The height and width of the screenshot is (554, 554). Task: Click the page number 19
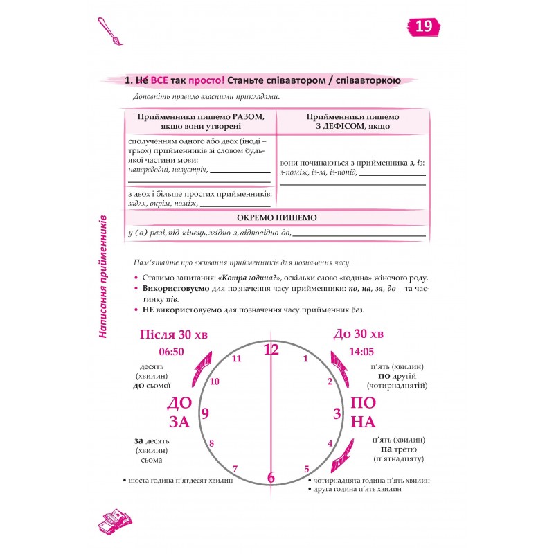(424, 28)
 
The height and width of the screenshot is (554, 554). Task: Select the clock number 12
(271, 350)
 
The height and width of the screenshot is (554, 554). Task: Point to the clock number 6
(271, 478)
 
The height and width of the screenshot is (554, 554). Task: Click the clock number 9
(205, 413)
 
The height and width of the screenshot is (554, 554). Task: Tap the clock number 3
(337, 414)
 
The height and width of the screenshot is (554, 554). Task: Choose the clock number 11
(237, 359)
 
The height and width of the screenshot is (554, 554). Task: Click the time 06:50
(171, 352)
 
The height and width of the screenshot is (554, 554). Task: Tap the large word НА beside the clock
(364, 422)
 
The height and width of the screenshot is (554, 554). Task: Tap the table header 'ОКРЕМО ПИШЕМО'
(276, 217)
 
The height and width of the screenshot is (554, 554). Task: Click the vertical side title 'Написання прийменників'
(102, 275)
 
